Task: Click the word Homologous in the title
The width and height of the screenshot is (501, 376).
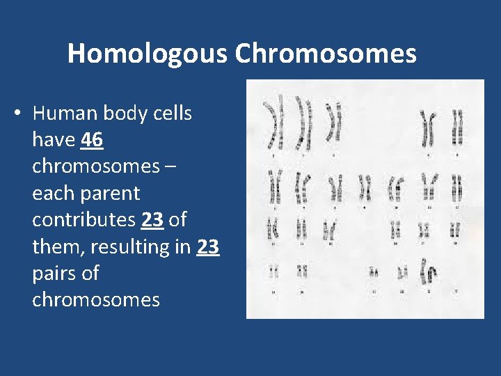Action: coord(148,54)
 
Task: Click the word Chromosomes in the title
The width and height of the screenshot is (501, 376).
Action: coord(326,54)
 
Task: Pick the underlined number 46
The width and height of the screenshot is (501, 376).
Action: coord(92,140)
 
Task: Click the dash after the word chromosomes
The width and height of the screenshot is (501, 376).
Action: coord(170,166)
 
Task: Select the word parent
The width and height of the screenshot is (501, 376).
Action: coord(108,193)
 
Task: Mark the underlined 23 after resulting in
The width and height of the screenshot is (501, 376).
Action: coord(208,246)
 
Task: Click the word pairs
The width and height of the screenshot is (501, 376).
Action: coord(56,273)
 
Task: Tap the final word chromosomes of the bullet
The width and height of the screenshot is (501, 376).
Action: coord(96,300)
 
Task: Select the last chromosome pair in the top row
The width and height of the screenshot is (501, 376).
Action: coord(457,127)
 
